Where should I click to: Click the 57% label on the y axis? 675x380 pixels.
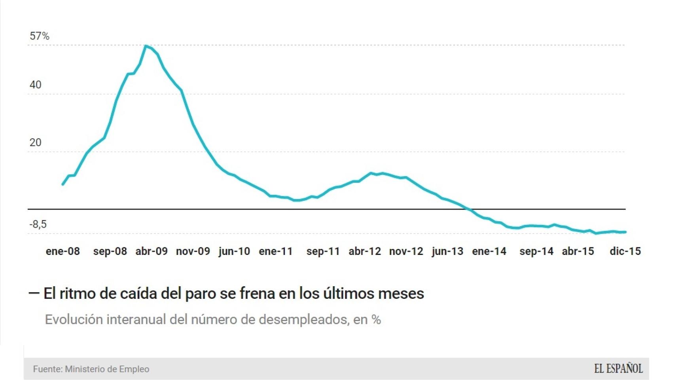pyautogui.click(x=40, y=36)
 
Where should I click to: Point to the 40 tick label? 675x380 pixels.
pyautogui.click(x=35, y=85)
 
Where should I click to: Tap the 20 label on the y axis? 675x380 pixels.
pyautogui.click(x=35, y=142)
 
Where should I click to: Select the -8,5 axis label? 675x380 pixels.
pyautogui.click(x=38, y=224)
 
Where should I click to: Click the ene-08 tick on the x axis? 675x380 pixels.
pyautogui.click(x=63, y=251)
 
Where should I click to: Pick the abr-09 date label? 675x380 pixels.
pyautogui.click(x=152, y=251)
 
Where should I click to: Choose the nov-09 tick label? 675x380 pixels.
pyautogui.click(x=193, y=251)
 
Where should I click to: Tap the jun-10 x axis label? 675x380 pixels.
pyautogui.click(x=234, y=251)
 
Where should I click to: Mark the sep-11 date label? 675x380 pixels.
pyautogui.click(x=323, y=251)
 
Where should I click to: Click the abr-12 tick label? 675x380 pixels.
pyautogui.click(x=364, y=251)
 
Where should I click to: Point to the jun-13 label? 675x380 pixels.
pyautogui.click(x=447, y=251)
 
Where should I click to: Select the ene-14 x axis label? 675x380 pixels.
pyautogui.click(x=489, y=251)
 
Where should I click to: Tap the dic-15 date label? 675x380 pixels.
pyautogui.click(x=625, y=251)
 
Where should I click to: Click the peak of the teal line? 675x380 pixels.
pyautogui.click(x=146, y=46)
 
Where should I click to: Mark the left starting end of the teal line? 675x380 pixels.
pyautogui.click(x=63, y=184)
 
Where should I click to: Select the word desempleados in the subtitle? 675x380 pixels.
pyautogui.click(x=303, y=319)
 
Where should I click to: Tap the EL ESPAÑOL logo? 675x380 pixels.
pyautogui.click(x=618, y=369)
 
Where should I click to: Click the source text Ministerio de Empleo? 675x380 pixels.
pyautogui.click(x=107, y=369)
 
